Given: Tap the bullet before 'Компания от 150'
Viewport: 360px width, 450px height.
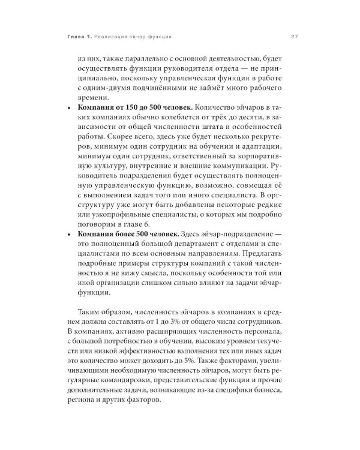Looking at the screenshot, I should point(72,107).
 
